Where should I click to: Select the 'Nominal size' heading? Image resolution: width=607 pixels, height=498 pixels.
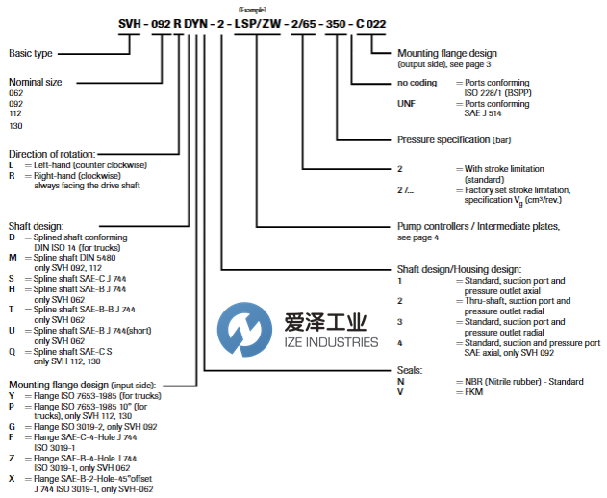click(35, 83)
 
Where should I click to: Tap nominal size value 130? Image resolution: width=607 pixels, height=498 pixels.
click(15, 124)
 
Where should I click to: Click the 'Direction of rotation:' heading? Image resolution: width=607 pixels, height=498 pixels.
click(52, 154)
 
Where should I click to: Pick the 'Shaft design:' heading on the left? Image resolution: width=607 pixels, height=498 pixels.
click(35, 226)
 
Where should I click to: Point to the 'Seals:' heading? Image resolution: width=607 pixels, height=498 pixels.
click(410, 370)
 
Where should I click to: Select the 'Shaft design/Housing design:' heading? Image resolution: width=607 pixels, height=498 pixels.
click(460, 269)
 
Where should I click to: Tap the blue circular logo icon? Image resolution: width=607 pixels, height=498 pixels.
click(239, 327)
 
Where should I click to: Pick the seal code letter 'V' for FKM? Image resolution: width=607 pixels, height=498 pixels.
click(400, 393)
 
